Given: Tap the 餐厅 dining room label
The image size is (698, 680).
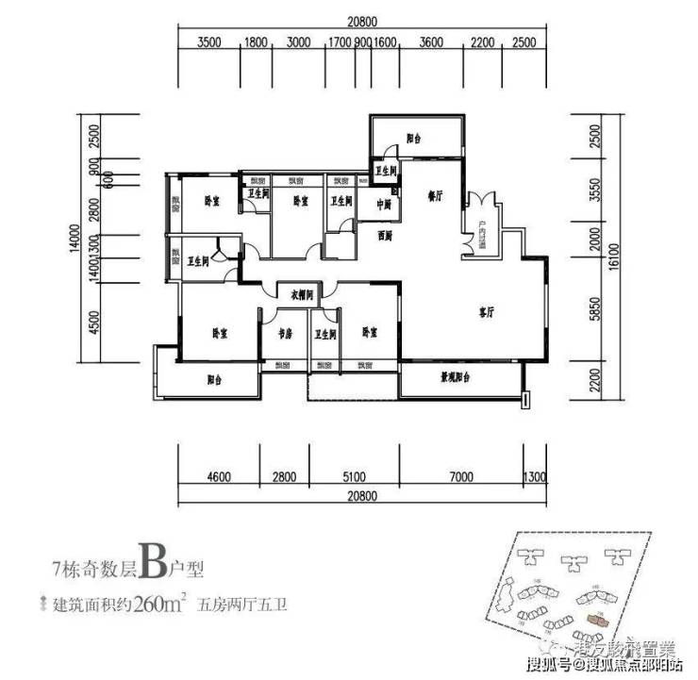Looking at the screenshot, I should (436, 196).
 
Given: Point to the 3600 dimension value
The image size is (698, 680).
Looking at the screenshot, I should (431, 41).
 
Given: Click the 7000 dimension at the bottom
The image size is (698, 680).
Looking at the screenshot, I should (460, 476).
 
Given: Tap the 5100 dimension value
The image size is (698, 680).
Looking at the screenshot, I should (355, 476).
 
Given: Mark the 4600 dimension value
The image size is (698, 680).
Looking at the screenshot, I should (218, 476).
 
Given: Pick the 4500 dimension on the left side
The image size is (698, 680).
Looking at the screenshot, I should (93, 323).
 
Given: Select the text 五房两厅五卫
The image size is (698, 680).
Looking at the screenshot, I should (242, 604).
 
